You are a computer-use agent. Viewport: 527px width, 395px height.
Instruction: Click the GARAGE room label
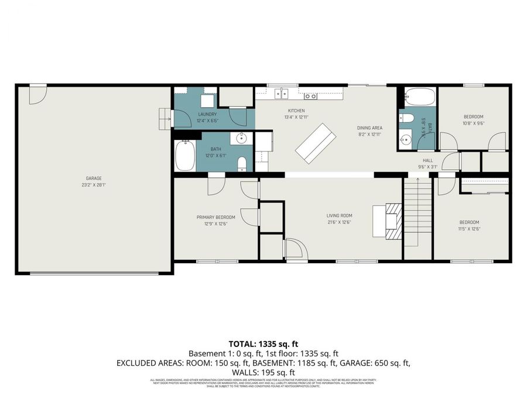(x=94, y=178)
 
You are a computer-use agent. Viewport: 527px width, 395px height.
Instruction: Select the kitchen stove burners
(x=310, y=95)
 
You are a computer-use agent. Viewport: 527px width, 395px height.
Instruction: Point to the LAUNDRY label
(x=207, y=114)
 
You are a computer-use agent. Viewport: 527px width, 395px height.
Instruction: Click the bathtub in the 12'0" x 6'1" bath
(x=184, y=156)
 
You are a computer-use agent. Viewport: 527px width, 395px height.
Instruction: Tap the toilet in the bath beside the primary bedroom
(x=241, y=163)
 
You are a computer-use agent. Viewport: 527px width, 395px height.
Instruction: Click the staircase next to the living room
(x=417, y=214)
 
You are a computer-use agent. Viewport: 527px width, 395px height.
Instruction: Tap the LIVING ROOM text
(x=339, y=215)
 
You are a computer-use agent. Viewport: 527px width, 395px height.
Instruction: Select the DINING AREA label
(x=369, y=128)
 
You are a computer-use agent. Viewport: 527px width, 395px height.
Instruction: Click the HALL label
(x=428, y=160)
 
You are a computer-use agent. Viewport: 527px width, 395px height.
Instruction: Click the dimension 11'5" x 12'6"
(x=469, y=229)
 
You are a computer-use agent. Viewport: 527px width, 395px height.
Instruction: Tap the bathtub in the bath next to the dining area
(x=417, y=95)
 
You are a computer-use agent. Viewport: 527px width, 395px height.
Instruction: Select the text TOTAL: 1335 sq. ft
(x=263, y=344)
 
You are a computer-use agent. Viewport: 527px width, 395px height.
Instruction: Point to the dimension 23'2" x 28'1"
(x=94, y=184)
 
